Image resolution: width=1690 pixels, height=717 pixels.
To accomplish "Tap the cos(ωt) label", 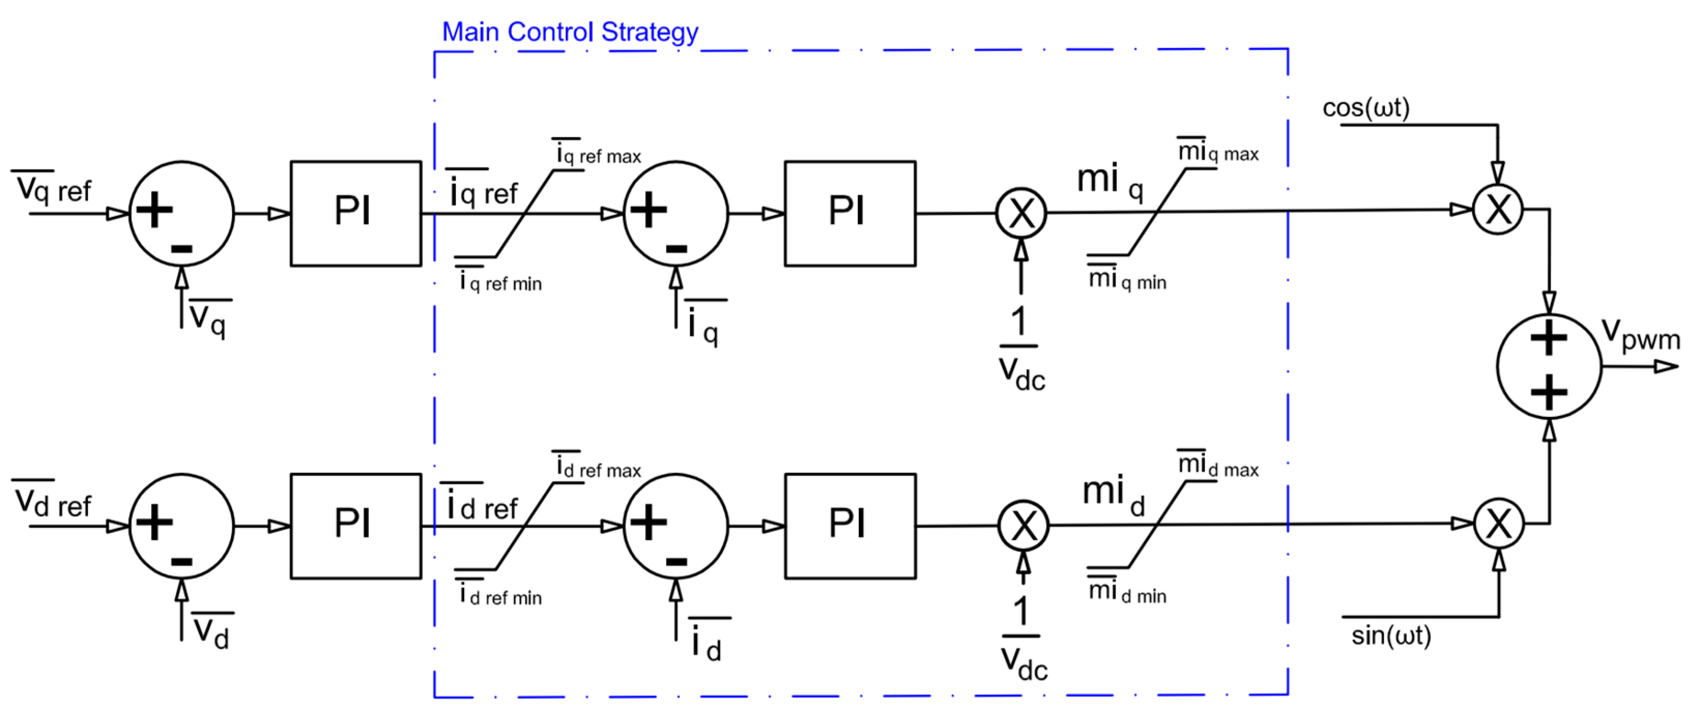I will (x=1365, y=108).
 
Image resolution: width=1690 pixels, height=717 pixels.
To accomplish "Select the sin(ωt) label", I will (x=1391, y=635).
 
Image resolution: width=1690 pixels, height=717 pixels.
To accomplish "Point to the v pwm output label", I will (x=1639, y=335).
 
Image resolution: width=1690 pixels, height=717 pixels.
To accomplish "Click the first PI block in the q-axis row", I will (x=356, y=213).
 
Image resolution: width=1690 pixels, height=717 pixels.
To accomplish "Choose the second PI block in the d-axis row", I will (x=849, y=525).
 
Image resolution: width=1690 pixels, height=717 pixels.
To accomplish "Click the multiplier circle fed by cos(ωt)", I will (x=1498, y=210).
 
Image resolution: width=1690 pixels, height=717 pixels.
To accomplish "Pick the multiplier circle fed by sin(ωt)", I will (x=1498, y=523).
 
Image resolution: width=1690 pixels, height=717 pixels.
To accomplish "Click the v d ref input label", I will (x=52, y=503).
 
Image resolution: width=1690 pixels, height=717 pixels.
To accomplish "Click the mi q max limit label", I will (x=1218, y=152).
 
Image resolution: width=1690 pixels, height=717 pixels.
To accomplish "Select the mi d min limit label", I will (x=1127, y=593).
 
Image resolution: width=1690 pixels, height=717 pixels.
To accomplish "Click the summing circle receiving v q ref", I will (x=181, y=213).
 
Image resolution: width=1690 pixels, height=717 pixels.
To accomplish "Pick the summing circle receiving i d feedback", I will (x=675, y=525).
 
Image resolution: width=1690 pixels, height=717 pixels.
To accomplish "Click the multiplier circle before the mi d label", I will (x=1023, y=525).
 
